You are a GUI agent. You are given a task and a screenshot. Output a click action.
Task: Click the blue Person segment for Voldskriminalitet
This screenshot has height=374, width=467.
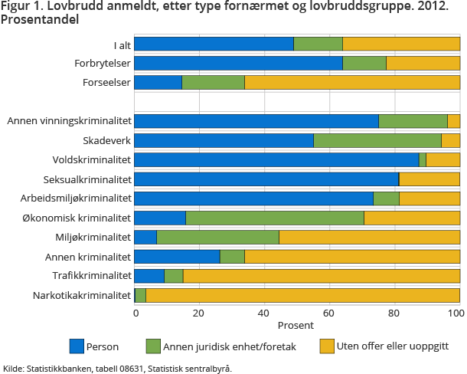click(276, 159)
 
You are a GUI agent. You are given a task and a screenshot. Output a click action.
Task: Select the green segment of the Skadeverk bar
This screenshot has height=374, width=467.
click(377, 140)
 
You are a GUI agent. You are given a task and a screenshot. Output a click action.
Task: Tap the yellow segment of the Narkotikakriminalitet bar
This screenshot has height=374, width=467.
click(302, 295)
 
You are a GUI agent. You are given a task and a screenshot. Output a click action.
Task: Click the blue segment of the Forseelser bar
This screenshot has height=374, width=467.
click(158, 82)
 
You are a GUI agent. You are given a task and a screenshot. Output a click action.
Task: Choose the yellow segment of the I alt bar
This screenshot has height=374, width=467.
click(401, 44)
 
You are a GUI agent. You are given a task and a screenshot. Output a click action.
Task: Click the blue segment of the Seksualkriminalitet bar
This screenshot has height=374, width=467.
click(266, 179)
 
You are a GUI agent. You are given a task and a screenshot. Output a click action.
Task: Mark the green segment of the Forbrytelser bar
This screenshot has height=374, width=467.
click(364, 63)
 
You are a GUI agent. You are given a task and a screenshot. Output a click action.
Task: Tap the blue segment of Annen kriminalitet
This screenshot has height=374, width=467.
click(177, 256)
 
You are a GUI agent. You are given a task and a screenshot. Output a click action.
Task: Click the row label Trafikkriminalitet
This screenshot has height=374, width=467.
click(92, 276)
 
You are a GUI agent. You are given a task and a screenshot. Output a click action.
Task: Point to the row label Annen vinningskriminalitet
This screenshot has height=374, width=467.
click(70, 121)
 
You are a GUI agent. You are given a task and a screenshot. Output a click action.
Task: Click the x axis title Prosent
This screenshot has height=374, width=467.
click(297, 325)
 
